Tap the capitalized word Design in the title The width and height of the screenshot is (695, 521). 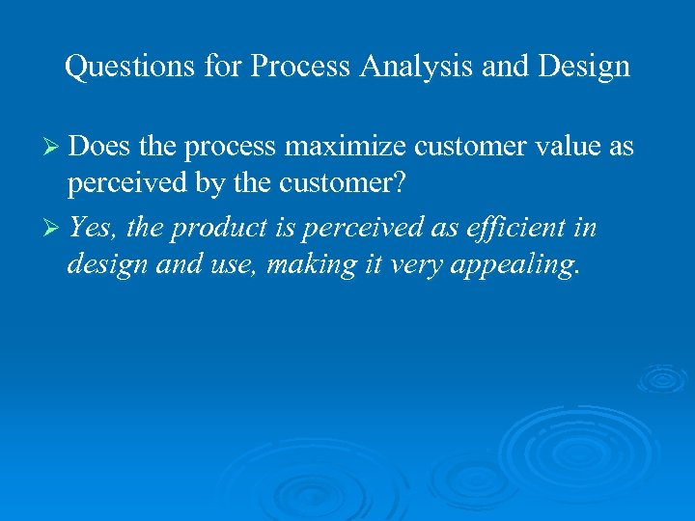pos(582,67)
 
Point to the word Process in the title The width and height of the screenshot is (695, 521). pos(295,67)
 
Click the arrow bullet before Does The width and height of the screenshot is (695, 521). pos(55,148)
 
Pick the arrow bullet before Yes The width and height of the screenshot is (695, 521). pos(55,230)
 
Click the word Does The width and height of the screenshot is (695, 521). pos(100,148)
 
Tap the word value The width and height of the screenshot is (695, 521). pos(561,148)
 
